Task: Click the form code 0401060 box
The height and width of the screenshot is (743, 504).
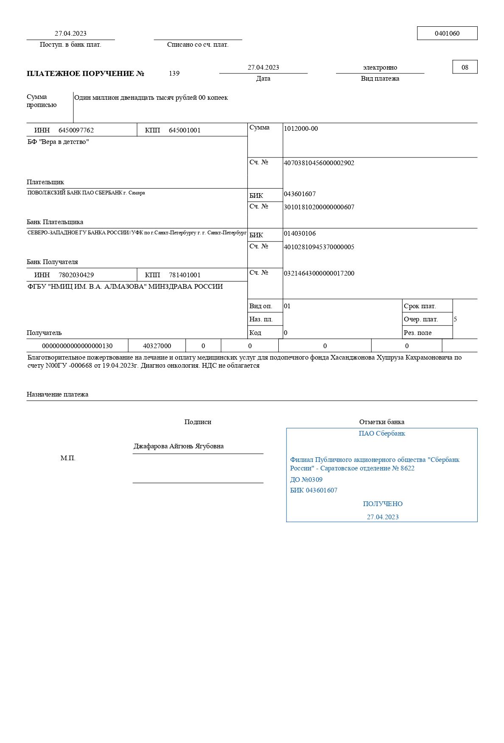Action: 447,34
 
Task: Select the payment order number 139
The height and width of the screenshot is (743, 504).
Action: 174,73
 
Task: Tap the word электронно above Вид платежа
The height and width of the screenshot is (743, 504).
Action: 380,68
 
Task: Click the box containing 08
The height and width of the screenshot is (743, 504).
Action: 465,67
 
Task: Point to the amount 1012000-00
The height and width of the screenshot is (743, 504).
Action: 301,129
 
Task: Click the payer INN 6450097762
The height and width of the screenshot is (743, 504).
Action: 76,130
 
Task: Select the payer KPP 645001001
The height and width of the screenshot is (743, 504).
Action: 185,130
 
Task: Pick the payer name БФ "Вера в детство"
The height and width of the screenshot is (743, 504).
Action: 58,142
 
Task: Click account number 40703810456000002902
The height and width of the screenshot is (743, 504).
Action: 319,163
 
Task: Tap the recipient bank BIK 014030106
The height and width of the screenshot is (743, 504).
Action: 300,234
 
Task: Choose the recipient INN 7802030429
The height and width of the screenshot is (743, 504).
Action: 76,275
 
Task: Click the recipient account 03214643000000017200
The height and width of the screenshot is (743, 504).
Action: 319,273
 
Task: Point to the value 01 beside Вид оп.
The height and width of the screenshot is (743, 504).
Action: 287,306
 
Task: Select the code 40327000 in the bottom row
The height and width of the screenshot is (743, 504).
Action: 157,346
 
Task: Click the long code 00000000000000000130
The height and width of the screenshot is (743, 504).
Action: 77,346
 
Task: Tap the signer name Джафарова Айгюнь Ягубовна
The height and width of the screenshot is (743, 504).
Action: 179,446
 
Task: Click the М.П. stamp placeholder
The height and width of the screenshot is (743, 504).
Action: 68,459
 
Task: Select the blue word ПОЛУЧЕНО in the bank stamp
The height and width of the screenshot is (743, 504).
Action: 383,504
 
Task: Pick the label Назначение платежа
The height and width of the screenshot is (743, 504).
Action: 57,394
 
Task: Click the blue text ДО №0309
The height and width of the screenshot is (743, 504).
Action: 306,480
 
